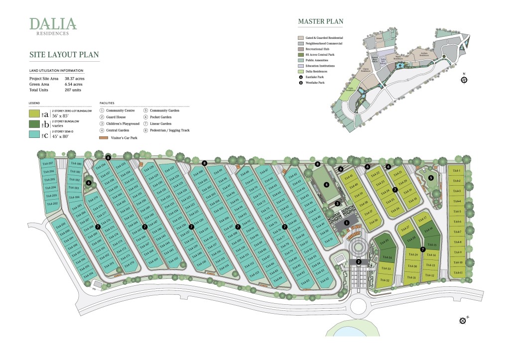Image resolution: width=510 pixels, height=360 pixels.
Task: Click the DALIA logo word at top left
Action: (x=53, y=23)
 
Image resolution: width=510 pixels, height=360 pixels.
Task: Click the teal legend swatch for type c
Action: (x=39, y=133)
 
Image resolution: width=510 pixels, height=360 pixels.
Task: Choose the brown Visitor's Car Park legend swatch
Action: (x=104, y=137)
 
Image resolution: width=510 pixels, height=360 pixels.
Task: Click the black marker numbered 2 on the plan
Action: (x=358, y=262)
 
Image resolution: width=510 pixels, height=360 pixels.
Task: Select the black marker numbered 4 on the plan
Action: (x=327, y=184)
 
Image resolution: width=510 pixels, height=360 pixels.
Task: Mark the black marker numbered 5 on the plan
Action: (x=431, y=177)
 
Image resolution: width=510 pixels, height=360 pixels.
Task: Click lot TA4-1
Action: (x=457, y=171)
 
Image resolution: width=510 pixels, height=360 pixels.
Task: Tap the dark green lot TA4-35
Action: (x=384, y=242)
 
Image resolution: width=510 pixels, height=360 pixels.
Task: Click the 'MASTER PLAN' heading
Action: (x=320, y=21)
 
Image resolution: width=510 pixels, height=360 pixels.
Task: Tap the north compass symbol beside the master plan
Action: (x=464, y=79)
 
